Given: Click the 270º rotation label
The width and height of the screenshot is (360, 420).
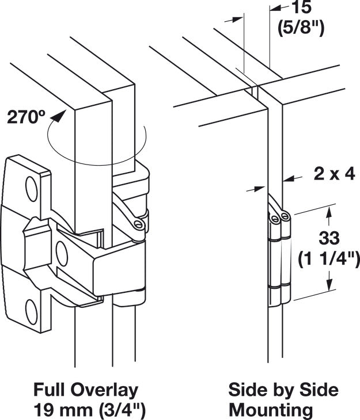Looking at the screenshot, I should coord(25,117).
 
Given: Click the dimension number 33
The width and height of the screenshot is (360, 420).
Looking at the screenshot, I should coord(329,236).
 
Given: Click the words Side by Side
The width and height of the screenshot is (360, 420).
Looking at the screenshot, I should coord(283,390).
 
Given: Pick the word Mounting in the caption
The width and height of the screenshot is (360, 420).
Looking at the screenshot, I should coord(271,410).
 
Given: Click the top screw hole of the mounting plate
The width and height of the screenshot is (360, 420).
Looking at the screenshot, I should coord(31,184).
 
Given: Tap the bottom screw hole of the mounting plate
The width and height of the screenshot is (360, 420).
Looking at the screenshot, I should coord(32,314).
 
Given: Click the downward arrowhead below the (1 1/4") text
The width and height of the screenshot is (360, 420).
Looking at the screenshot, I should coord(329,288).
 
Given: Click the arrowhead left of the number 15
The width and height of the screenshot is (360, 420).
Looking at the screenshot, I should coord(275,8).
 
